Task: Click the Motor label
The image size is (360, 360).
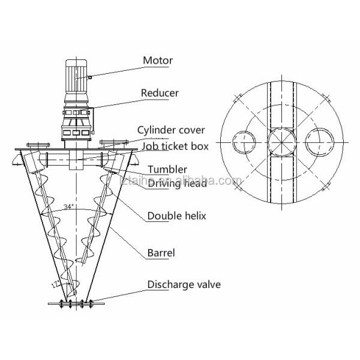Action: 157,60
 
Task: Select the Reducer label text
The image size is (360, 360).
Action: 160,93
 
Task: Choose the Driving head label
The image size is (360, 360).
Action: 178,183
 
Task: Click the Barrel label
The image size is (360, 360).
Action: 161,253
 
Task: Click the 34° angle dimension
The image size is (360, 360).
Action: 68,206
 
